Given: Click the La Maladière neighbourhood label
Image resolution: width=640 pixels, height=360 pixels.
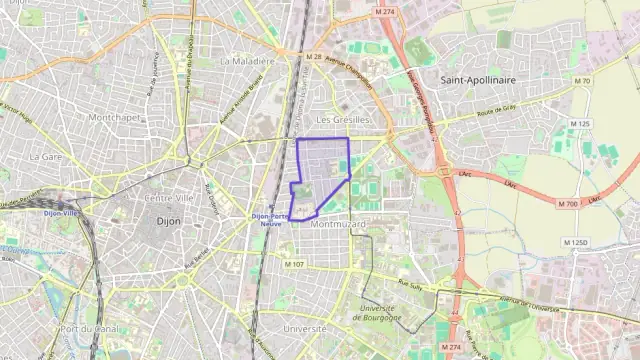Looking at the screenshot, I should point(247,61).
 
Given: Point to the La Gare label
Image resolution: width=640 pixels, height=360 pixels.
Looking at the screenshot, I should point(46,157).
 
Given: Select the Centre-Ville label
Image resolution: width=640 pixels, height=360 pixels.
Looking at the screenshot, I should point(169,197).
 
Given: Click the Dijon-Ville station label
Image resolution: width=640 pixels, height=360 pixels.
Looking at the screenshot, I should point(61,213).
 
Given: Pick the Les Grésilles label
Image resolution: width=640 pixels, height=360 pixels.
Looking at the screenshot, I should point(343,120).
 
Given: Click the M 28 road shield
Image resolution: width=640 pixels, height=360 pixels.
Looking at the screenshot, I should point(315,56).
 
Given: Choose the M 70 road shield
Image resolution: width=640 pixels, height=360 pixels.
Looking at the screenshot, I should point(584,81).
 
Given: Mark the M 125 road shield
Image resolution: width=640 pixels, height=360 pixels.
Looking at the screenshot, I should point(580,124).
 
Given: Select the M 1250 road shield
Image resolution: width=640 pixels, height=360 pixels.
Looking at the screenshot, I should point(575,243).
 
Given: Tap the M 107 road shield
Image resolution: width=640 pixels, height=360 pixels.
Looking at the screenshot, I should point(294,264).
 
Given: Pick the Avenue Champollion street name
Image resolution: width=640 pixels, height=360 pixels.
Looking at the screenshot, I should point(352,71).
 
